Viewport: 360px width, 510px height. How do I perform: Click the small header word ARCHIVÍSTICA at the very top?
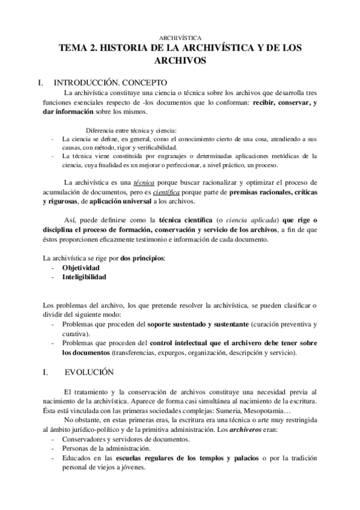coord(183,37)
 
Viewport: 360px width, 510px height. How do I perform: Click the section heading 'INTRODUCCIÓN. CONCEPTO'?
coord(111,82)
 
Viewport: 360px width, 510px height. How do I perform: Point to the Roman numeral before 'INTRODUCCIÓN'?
coord(39,82)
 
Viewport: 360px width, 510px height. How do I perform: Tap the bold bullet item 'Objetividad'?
coord(81,268)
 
